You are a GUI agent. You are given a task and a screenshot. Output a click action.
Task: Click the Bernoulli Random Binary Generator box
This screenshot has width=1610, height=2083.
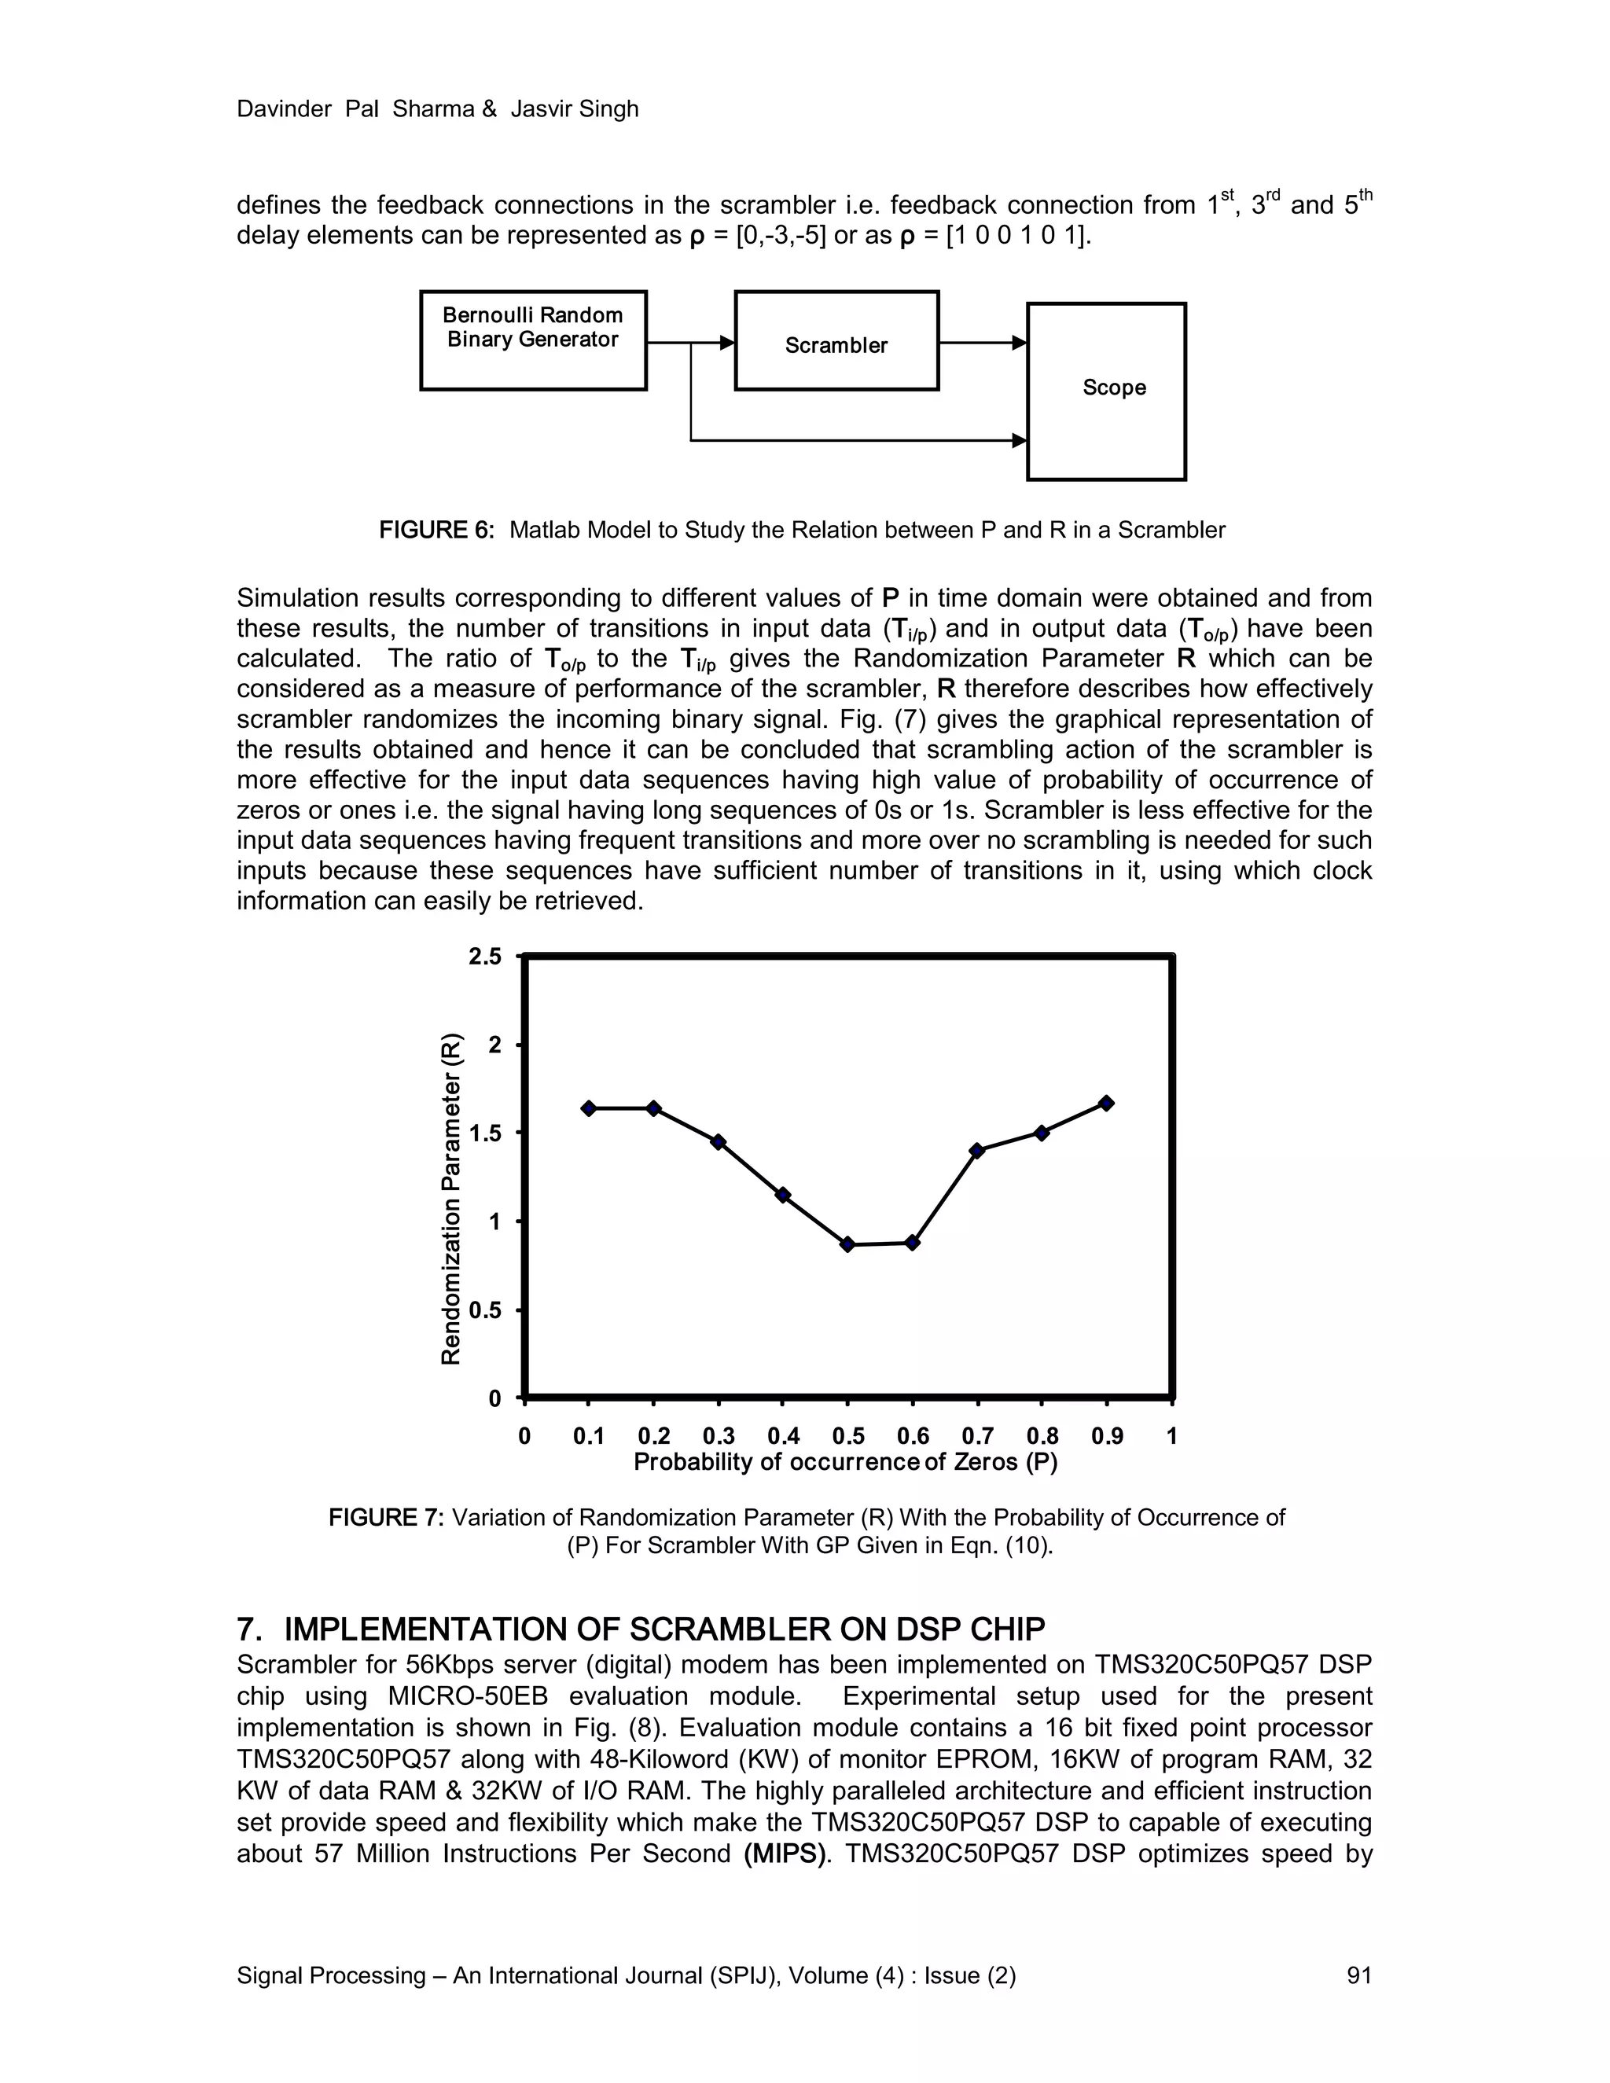533,340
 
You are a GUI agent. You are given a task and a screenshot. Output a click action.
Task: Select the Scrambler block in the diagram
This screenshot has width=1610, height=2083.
836,341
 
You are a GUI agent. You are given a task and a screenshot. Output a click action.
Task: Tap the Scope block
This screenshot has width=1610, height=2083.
1106,391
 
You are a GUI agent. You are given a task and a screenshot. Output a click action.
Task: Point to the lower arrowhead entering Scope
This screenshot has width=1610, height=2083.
1020,441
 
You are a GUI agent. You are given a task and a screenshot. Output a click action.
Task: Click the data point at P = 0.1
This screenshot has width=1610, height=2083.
589,1108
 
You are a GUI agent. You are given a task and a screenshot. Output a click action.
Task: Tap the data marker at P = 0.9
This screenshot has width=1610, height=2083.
1106,1104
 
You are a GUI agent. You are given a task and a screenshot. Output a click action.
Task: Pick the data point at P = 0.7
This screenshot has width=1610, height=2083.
976,1150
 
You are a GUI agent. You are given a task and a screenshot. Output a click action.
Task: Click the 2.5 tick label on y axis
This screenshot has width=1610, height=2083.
484,957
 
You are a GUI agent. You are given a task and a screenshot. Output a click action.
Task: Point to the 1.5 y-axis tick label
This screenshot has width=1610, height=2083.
484,1134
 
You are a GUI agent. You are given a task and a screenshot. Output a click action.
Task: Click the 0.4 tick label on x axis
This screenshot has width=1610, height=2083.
783,1436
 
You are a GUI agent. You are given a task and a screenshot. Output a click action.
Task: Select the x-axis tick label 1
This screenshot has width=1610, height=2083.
1172,1436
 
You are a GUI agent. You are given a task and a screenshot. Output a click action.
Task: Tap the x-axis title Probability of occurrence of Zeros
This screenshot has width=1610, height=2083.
846,1462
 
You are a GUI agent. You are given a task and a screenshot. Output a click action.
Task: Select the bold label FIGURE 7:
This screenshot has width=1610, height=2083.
386,1517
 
